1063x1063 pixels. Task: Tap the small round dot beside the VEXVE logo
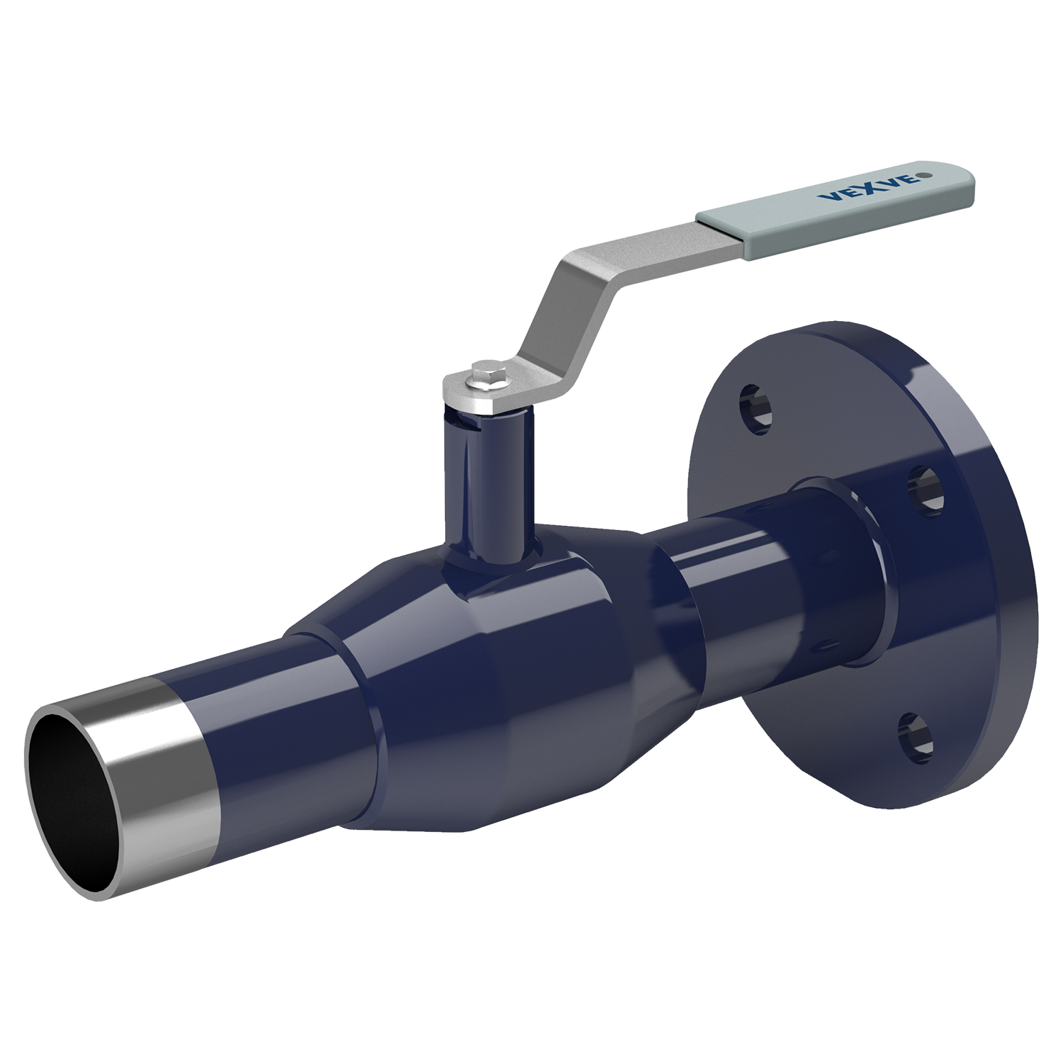tap(922, 174)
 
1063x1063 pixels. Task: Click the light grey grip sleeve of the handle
tap(836, 205)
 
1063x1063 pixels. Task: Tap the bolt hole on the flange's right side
tap(925, 490)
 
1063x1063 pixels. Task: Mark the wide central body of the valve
tap(496, 638)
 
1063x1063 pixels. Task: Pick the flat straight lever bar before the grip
tap(638, 241)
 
